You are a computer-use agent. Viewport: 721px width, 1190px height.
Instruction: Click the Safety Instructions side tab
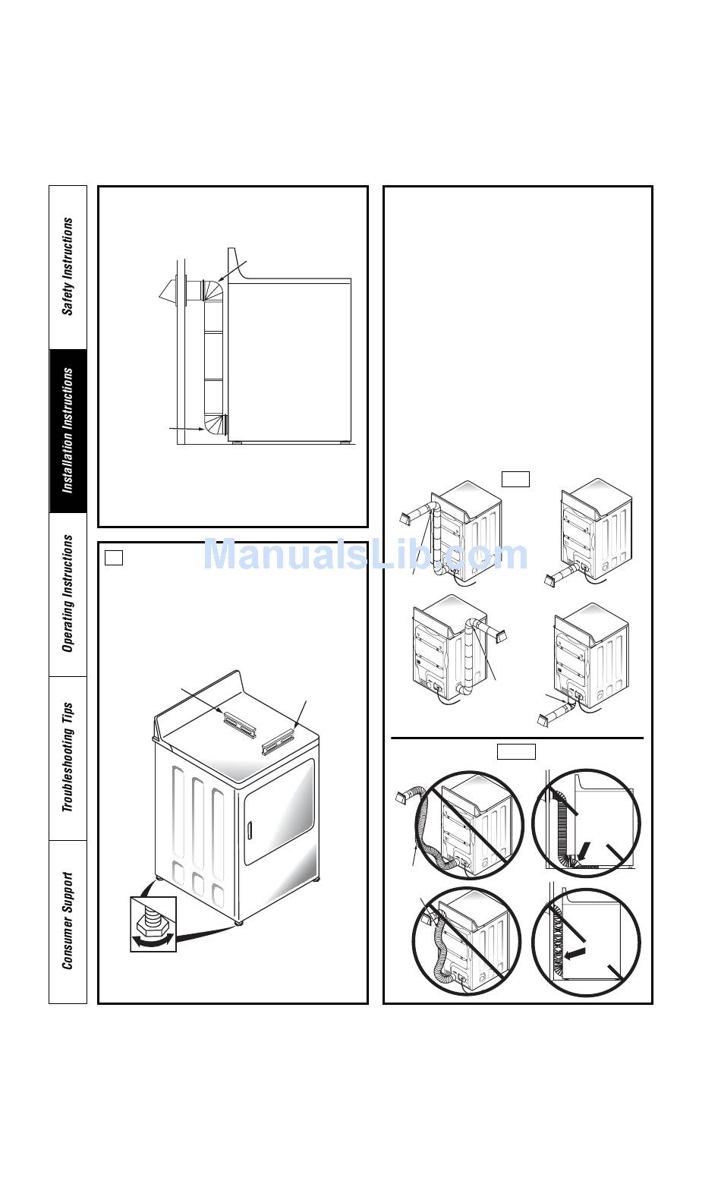point(68,266)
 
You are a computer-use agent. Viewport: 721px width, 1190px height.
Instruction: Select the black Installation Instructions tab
point(68,431)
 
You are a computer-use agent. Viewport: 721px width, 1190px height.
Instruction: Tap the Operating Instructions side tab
point(68,594)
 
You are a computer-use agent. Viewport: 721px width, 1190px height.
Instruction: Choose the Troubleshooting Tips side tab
point(68,758)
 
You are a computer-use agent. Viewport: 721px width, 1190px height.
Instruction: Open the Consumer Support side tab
point(68,921)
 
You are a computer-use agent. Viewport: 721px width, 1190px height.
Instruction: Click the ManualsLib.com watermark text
point(366,554)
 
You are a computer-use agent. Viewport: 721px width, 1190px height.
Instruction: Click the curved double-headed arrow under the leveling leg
point(153,941)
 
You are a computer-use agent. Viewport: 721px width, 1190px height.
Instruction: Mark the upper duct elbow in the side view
point(213,291)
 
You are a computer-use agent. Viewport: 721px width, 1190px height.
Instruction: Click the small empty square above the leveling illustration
point(114,557)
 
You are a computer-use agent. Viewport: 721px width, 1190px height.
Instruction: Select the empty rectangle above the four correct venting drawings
point(515,479)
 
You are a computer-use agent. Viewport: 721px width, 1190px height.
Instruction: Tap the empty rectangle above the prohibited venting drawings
point(516,751)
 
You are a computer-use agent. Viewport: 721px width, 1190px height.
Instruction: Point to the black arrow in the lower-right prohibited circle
point(575,953)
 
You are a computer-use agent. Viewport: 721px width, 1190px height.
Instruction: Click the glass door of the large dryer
point(279,811)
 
